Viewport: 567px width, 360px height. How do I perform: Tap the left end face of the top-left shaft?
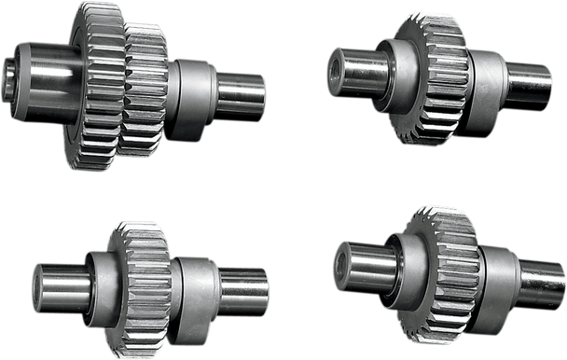coord(12,70)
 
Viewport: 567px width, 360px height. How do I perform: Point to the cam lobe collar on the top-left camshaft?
coord(192,89)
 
